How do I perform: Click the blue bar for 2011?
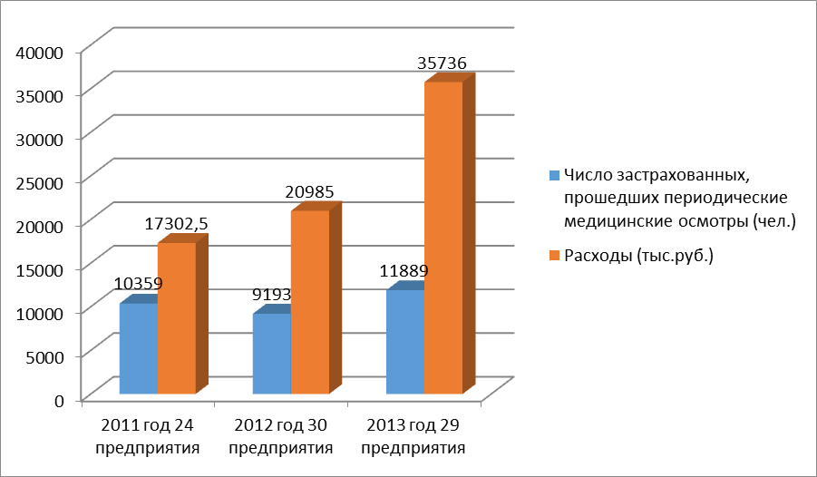pyautogui.click(x=138, y=348)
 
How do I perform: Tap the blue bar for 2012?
pyautogui.click(x=271, y=354)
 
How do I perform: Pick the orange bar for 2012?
pyautogui.click(x=310, y=301)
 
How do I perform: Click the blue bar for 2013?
pyautogui.click(x=404, y=342)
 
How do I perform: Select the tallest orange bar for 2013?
pyautogui.click(x=443, y=238)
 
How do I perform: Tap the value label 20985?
pyautogui.click(x=311, y=191)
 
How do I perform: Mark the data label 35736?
pyautogui.click(x=442, y=63)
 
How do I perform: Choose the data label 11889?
pyautogui.click(x=404, y=270)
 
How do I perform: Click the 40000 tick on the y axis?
pyautogui.click(x=38, y=52)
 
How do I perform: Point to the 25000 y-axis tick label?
pyautogui.click(x=38, y=182)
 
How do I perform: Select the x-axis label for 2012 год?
pyautogui.click(x=281, y=435)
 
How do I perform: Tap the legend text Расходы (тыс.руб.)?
pyautogui.click(x=639, y=256)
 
